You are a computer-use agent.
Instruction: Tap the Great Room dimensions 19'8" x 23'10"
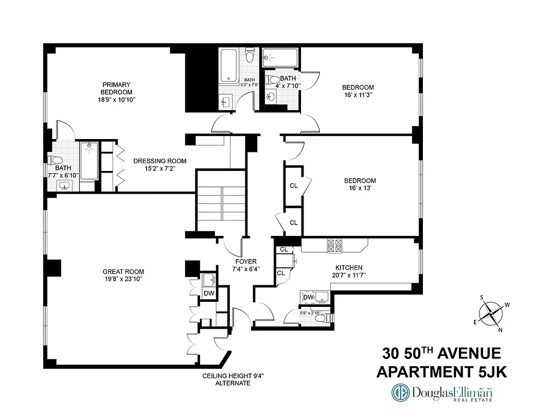point(123,279)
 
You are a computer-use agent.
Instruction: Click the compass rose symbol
point(492,313)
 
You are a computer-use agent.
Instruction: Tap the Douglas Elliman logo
point(442,392)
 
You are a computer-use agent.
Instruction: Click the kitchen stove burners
point(334,246)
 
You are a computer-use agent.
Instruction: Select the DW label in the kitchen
point(308,297)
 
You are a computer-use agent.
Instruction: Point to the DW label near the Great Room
point(209,293)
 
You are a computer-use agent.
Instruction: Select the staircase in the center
point(221,201)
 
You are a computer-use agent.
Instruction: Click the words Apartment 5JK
point(441,372)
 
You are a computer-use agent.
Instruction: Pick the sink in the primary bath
point(65,185)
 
